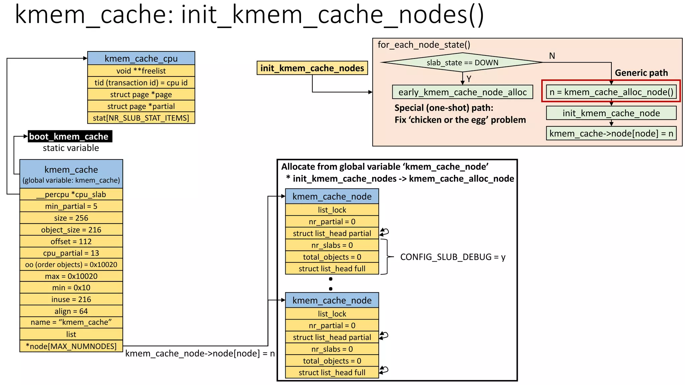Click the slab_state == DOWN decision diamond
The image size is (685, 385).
pos(462,62)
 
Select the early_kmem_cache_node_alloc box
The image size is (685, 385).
pos(462,92)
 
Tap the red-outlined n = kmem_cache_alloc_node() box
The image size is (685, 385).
pos(611,92)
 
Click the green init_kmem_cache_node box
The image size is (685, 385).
pos(611,113)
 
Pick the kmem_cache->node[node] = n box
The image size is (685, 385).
pos(611,133)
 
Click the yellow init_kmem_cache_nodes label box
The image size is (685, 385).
pos(312,68)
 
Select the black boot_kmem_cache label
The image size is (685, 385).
pos(70,136)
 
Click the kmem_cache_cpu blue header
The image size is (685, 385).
pos(141,58)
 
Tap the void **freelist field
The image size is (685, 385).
pos(141,71)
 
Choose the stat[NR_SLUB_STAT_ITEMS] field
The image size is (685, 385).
pos(141,118)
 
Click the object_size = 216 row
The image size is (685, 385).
pos(71,230)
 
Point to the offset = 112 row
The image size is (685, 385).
pos(71,241)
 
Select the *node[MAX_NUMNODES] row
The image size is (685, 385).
pos(71,346)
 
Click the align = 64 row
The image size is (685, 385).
pos(71,311)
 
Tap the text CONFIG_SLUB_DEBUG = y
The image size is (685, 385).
pos(453,257)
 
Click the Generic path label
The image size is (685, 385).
pos(641,73)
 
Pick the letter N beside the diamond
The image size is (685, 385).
pos(552,56)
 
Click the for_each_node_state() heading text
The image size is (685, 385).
pos(424,45)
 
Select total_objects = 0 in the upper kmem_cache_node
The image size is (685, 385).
pos(332,257)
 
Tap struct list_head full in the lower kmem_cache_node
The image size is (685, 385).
pos(332,372)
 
